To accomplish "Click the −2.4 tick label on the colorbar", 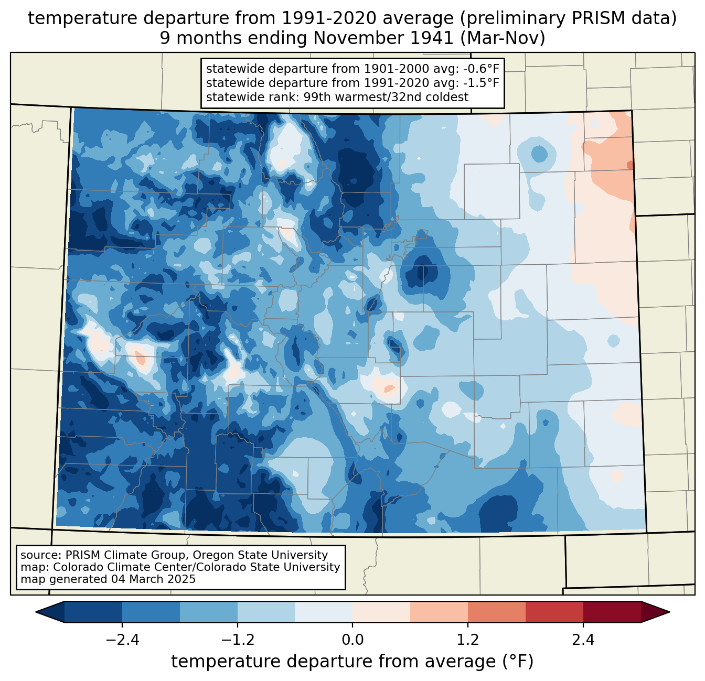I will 122,640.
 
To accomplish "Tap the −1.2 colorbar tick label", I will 237,640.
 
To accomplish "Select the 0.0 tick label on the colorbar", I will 352,640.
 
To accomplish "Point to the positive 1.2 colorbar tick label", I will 468,640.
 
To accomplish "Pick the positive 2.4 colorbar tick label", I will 583,640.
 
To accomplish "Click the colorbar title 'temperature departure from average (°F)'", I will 352,662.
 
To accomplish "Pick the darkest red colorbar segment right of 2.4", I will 612,612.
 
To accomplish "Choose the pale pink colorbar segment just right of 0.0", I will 381,612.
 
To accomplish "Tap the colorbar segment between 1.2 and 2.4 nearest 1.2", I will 496,612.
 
